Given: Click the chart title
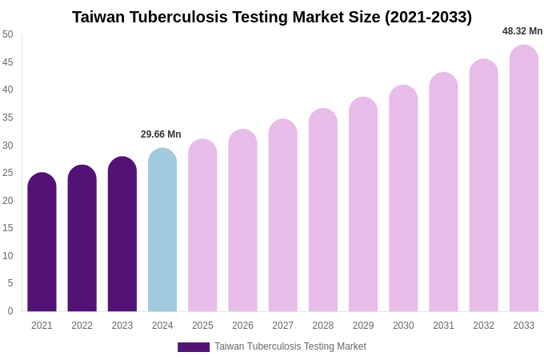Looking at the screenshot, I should [272, 17].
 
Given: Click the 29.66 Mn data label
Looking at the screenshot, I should [161, 134].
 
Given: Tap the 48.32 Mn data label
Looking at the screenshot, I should [522, 31].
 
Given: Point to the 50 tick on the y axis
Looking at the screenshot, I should [8, 34].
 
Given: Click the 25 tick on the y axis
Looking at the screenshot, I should [8, 173].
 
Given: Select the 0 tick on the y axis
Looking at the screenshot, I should [10, 311].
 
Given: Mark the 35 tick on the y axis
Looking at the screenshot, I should [8, 118].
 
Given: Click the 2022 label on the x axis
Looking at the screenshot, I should [82, 326].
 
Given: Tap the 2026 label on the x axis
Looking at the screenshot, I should [242, 326].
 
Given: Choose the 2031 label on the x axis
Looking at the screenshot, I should [443, 326].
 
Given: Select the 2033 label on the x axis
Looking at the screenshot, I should [524, 326].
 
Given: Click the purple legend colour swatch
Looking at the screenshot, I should [194, 347].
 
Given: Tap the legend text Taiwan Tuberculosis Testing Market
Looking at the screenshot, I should [290, 346].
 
